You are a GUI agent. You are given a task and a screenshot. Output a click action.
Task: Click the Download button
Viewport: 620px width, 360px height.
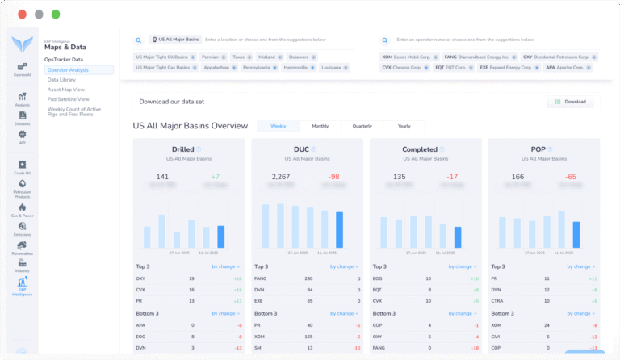571,102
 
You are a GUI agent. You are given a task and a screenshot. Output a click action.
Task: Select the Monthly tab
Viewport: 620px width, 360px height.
320,126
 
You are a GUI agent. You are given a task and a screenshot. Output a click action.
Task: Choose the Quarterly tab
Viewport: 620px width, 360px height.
362,126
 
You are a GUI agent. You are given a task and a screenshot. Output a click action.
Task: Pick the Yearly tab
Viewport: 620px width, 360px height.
404,126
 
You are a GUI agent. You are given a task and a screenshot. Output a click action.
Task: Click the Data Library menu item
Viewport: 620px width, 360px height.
62,80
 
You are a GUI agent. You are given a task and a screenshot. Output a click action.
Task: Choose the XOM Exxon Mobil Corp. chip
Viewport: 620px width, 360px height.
407,57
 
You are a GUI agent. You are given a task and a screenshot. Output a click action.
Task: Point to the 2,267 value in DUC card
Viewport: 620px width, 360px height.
280,177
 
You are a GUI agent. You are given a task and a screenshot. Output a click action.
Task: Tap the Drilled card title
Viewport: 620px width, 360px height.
183,149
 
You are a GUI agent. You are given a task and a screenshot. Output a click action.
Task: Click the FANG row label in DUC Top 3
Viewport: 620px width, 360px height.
262,278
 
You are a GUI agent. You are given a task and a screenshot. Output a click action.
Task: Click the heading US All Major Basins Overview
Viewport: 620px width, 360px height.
190,126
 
